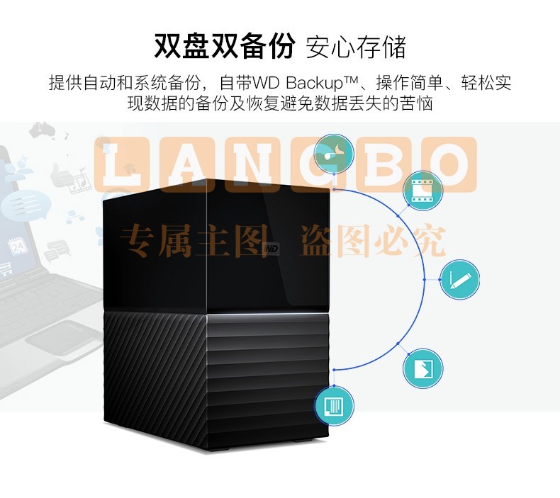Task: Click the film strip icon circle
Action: pyautogui.click(x=422, y=191)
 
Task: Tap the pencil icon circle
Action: pyautogui.click(x=459, y=280)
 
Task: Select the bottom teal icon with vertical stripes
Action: pyautogui.click(x=334, y=405)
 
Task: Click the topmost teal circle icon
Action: pyautogui.click(x=334, y=154)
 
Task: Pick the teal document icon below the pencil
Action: pyautogui.click(x=422, y=368)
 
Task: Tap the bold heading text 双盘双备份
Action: pyautogui.click(x=225, y=46)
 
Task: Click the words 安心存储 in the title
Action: pyautogui.click(x=356, y=47)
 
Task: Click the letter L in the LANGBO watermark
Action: pyautogui.click(x=121, y=164)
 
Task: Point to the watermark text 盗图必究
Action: pyautogui.click(x=373, y=241)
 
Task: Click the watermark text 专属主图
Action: pyautogui.click(x=194, y=241)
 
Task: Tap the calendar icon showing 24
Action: pyautogui.click(x=17, y=246)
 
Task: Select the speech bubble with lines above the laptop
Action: pyautogui.click(x=23, y=205)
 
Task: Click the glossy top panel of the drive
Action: pyautogui.click(x=216, y=247)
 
